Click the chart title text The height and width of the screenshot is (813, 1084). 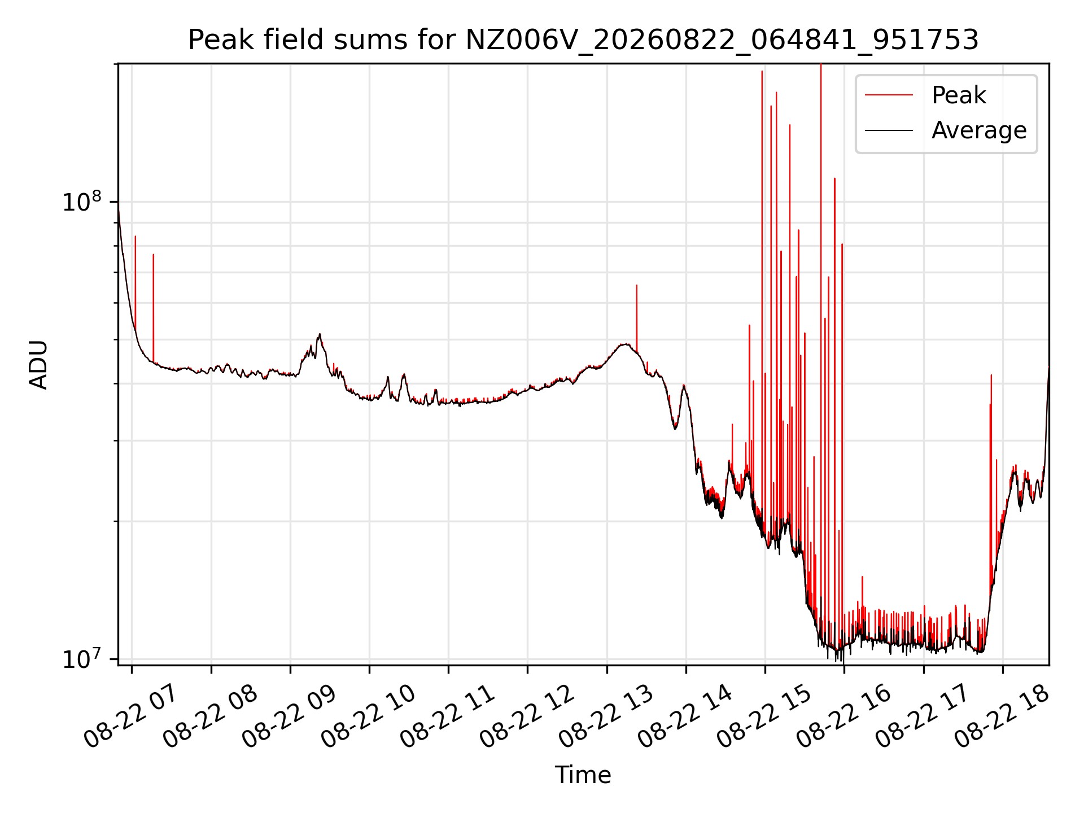[x=583, y=40]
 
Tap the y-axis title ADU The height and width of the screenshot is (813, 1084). [x=38, y=364]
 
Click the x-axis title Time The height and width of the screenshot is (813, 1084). [x=583, y=775]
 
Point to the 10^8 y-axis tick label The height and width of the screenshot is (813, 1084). [x=82, y=202]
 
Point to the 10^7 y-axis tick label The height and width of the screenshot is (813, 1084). [x=82, y=659]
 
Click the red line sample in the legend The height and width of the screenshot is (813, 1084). [x=889, y=95]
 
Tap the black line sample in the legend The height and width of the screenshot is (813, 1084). [x=889, y=130]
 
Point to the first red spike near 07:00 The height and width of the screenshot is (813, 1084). [x=135, y=282]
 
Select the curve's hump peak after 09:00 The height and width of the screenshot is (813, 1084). [x=320, y=334]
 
